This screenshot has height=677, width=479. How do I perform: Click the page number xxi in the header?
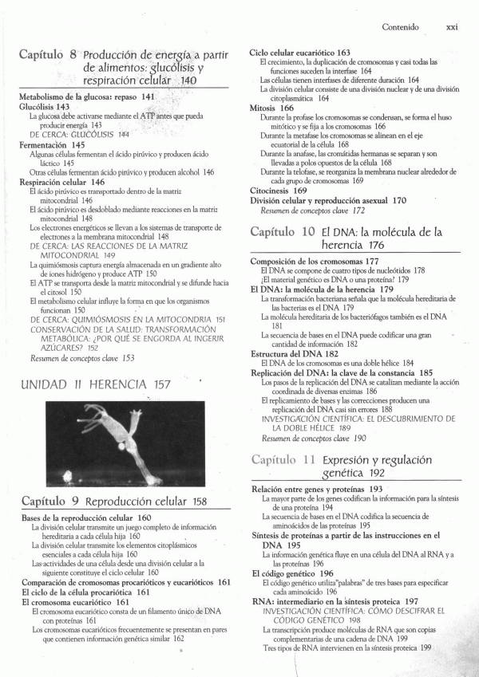coord(452,26)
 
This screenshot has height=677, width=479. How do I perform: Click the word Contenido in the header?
coord(400,26)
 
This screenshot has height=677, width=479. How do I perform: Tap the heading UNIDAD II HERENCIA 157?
coord(95,385)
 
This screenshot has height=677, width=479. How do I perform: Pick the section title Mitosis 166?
coord(271,108)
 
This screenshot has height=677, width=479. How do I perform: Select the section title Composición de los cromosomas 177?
coord(315,262)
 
